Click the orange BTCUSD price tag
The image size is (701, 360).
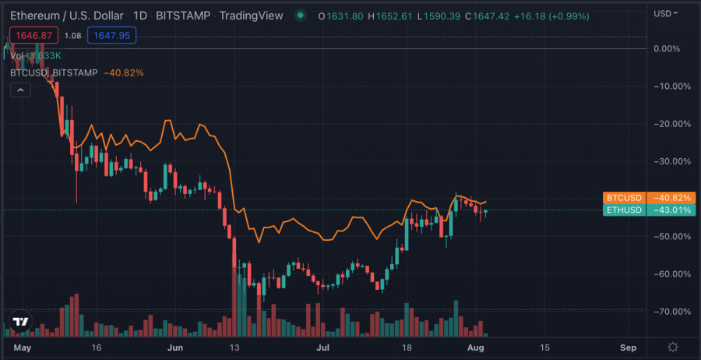click(648, 198)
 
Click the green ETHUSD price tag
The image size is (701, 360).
click(648, 210)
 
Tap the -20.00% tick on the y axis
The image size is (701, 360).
click(672, 124)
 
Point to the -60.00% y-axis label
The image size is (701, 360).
click(672, 274)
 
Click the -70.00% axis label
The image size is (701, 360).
click(672, 312)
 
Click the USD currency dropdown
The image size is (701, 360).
click(667, 13)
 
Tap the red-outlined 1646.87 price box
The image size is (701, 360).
click(33, 35)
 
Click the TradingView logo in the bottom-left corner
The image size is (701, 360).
click(21, 321)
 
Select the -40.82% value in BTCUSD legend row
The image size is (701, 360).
click(123, 72)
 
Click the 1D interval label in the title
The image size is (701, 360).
click(139, 15)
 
